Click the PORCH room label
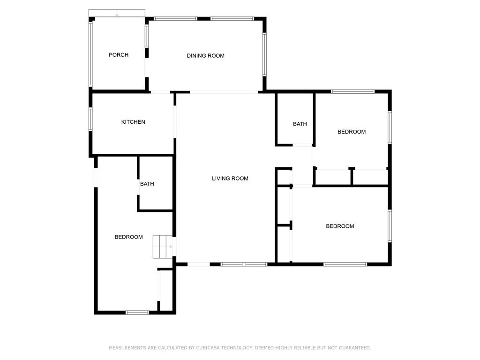click(x=119, y=55)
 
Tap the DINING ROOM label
click(x=205, y=56)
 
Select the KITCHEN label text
click(x=133, y=122)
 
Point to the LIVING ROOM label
click(x=230, y=179)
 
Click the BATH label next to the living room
click(x=300, y=124)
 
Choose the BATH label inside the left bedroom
click(x=147, y=184)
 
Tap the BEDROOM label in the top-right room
click(x=352, y=132)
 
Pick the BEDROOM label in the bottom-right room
click(x=340, y=226)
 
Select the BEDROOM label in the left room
click(x=128, y=237)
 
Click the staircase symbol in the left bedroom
click(x=162, y=247)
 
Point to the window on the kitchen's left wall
click(x=91, y=119)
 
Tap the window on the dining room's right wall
click(x=264, y=54)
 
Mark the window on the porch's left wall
click(x=91, y=54)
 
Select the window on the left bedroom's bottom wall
click(x=137, y=312)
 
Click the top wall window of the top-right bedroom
click(x=352, y=91)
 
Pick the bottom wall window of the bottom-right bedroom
click(x=345, y=264)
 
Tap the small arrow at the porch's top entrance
click(x=117, y=15)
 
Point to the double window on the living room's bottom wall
click(x=244, y=264)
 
